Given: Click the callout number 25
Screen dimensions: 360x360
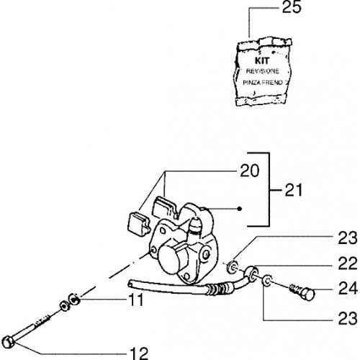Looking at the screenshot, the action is (x=292, y=7).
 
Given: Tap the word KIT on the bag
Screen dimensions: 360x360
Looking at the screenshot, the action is (x=262, y=60).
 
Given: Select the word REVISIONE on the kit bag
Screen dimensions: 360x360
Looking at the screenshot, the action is (x=263, y=71).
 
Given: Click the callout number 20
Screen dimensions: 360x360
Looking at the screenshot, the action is (x=250, y=171).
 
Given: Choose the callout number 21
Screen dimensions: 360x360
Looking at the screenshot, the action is (x=293, y=190).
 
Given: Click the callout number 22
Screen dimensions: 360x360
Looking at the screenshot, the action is (x=348, y=264).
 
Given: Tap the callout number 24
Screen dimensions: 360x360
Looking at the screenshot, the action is (x=348, y=288).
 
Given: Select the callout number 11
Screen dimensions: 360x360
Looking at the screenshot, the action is (x=136, y=300).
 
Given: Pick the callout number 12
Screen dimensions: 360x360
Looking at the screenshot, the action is (x=139, y=354).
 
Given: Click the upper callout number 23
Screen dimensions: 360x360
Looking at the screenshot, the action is (x=348, y=238).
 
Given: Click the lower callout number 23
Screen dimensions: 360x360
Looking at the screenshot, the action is (x=348, y=318).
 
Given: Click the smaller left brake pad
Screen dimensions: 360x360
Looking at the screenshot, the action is (x=138, y=223).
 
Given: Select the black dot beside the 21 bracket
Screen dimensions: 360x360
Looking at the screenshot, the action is (x=239, y=209).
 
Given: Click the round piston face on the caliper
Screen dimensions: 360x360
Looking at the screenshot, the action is (x=169, y=258).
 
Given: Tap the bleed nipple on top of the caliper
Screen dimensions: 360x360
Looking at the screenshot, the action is (x=196, y=225).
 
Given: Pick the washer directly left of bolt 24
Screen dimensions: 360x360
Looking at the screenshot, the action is (x=267, y=281).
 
